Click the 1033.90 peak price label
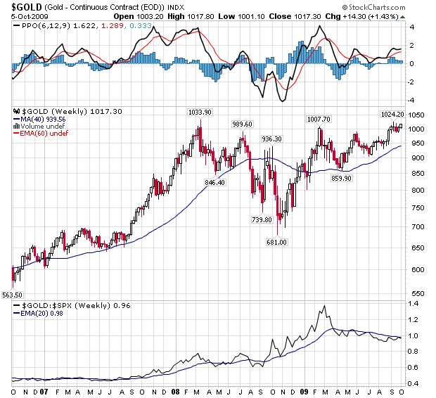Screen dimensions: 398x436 coord(200,113)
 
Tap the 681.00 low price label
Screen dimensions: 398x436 coord(276,243)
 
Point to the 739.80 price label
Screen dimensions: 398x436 coord(262,219)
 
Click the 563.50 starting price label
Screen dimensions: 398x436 coord(13,294)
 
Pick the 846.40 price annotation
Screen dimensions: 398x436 coord(214,182)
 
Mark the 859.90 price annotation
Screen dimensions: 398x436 coord(341,178)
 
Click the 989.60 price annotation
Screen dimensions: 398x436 coord(243,124)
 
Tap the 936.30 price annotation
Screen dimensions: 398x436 coord(271,139)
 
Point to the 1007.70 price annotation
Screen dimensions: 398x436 coord(319,119)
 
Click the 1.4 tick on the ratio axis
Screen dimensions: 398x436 coord(413,304)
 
